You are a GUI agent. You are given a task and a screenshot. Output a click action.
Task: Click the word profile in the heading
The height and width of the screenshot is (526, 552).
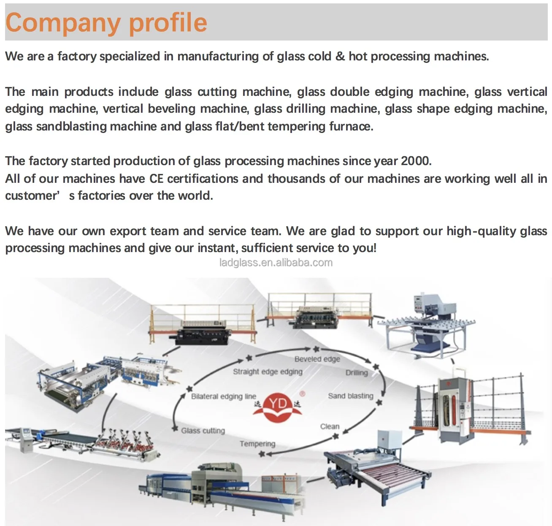point(168,22)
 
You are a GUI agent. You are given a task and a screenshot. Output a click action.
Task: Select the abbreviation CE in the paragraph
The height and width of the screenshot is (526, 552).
point(156,179)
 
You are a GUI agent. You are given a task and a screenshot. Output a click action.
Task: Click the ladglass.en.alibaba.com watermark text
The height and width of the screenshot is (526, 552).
point(276,263)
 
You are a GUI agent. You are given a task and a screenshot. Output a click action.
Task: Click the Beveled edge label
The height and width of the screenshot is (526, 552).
point(317,359)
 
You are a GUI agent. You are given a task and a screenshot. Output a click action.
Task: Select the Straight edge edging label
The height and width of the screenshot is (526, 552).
point(268,371)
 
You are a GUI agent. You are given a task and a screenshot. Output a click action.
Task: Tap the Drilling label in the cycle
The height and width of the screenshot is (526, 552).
point(357,372)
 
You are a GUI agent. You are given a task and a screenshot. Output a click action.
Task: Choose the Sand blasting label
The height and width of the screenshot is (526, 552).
point(350,396)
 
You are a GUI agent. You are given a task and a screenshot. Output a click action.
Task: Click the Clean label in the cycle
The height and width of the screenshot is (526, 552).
point(330,426)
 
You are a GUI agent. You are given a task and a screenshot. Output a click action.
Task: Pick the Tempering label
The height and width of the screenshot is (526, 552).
point(257,444)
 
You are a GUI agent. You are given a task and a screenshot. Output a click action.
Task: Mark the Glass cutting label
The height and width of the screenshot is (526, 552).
point(203,431)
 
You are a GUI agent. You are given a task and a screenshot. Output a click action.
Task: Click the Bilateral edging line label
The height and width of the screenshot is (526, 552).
point(223,396)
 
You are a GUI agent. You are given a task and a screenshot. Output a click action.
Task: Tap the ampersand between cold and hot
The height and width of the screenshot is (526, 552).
point(340,56)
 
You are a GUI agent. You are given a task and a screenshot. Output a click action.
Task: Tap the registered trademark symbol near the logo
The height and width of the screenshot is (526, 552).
point(302,393)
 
